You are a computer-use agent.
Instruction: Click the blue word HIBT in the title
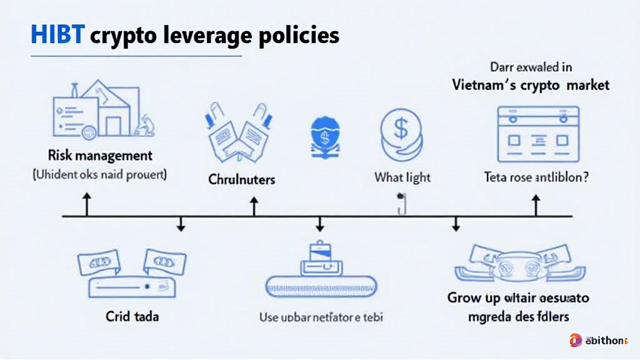point(57,35)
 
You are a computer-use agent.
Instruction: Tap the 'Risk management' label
point(99,155)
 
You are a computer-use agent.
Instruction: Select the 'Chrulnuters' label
point(241,179)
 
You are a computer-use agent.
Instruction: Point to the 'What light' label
point(402,177)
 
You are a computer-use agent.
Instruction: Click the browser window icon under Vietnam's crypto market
point(537,134)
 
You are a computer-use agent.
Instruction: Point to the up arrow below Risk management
point(86,204)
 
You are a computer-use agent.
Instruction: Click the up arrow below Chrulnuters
point(254,204)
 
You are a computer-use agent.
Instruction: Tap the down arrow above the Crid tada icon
point(181,224)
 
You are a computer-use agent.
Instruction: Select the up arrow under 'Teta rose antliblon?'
point(536,204)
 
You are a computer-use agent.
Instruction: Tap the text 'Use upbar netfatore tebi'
point(321,317)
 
